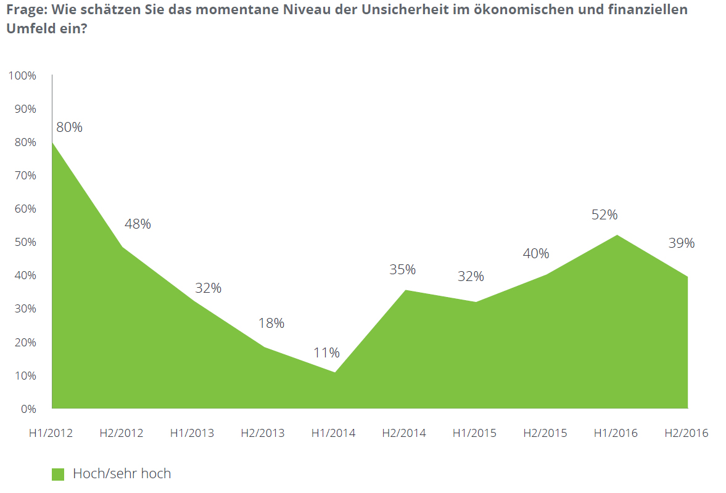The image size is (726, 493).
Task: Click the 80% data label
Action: (69, 128)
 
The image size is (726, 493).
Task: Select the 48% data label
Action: (138, 224)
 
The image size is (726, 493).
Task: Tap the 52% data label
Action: (604, 214)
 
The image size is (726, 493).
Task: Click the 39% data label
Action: (682, 243)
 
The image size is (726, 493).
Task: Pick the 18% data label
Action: (271, 323)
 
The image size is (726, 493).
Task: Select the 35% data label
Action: (402, 269)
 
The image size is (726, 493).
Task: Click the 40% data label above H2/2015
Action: (535, 253)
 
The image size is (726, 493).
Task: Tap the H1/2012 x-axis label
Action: (51, 433)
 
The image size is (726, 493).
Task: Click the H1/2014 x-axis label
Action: (333, 433)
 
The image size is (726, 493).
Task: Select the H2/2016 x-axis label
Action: (687, 433)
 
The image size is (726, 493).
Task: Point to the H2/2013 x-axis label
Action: (263, 433)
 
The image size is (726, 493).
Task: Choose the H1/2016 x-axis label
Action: (616, 433)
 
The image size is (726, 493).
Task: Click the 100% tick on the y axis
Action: (22, 76)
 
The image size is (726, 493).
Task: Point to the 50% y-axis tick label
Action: (24, 242)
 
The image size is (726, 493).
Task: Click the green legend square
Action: (58, 474)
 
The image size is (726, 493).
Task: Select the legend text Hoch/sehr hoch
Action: (122, 474)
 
